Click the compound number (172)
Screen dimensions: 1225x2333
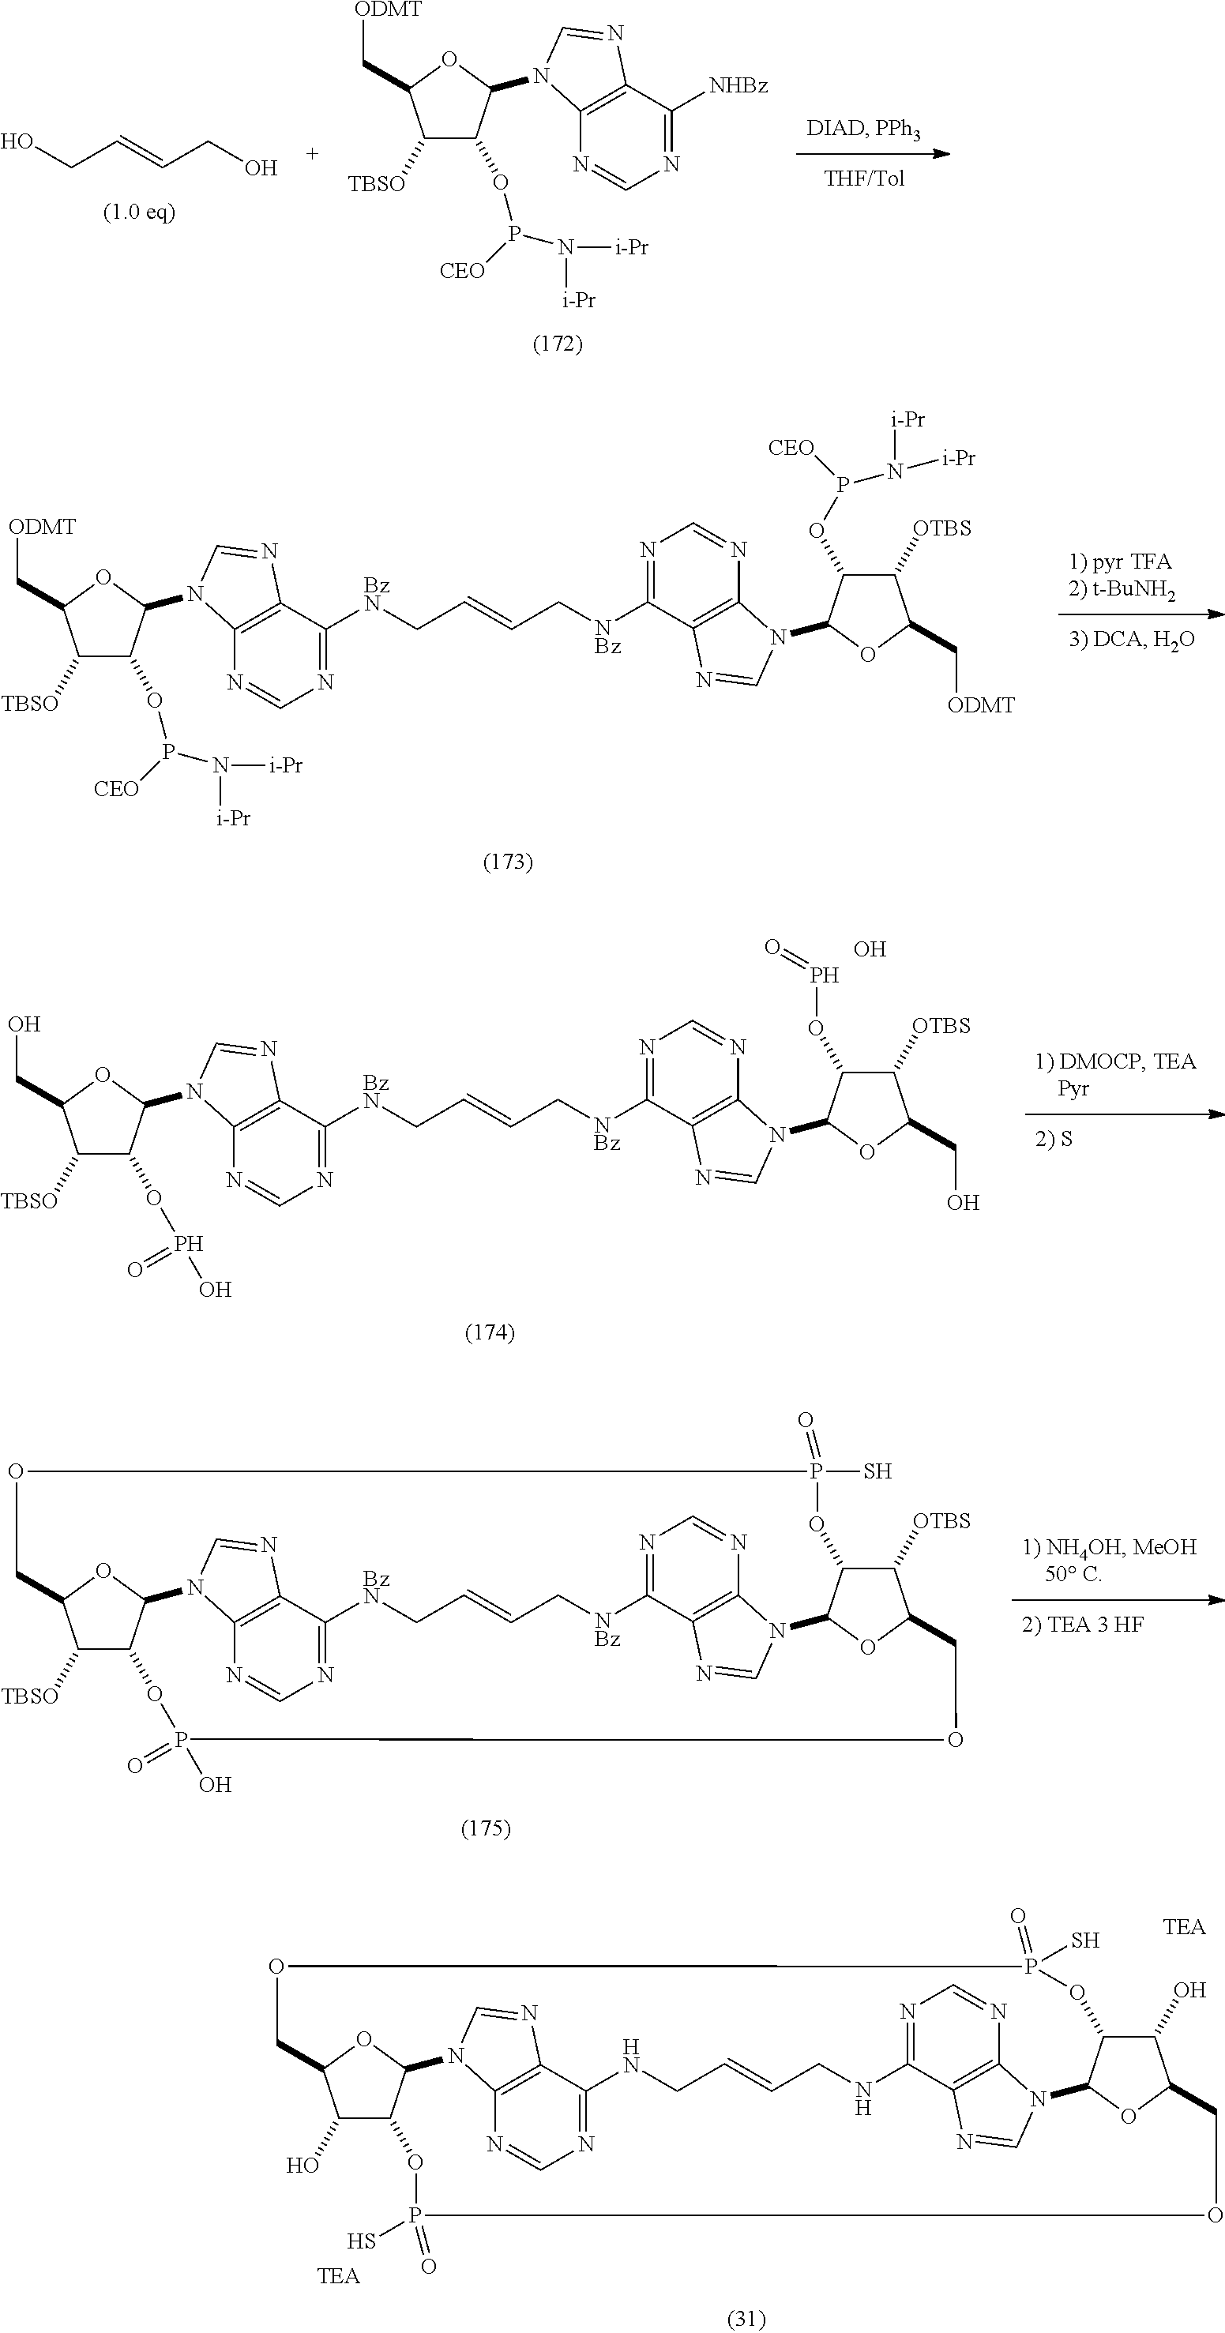[557, 344]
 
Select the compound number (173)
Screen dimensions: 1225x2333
[507, 862]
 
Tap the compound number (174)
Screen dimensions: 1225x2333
[490, 1332]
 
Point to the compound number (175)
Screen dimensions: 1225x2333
[487, 1828]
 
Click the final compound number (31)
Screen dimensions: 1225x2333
[747, 2319]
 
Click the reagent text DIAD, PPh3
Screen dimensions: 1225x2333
[862, 130]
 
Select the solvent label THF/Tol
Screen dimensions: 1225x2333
[864, 178]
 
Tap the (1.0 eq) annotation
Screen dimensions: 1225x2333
[138, 212]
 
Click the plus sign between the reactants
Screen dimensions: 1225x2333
[312, 153]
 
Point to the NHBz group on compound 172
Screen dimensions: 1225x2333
[738, 86]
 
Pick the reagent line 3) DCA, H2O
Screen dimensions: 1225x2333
[1132, 640]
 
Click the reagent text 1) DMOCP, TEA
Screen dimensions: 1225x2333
[1115, 1061]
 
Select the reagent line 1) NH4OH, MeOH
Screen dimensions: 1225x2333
[1110, 1547]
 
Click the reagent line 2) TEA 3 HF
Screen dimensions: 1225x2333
[1083, 1625]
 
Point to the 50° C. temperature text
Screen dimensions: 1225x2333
[1073, 1574]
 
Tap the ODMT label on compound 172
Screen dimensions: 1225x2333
[388, 10]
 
